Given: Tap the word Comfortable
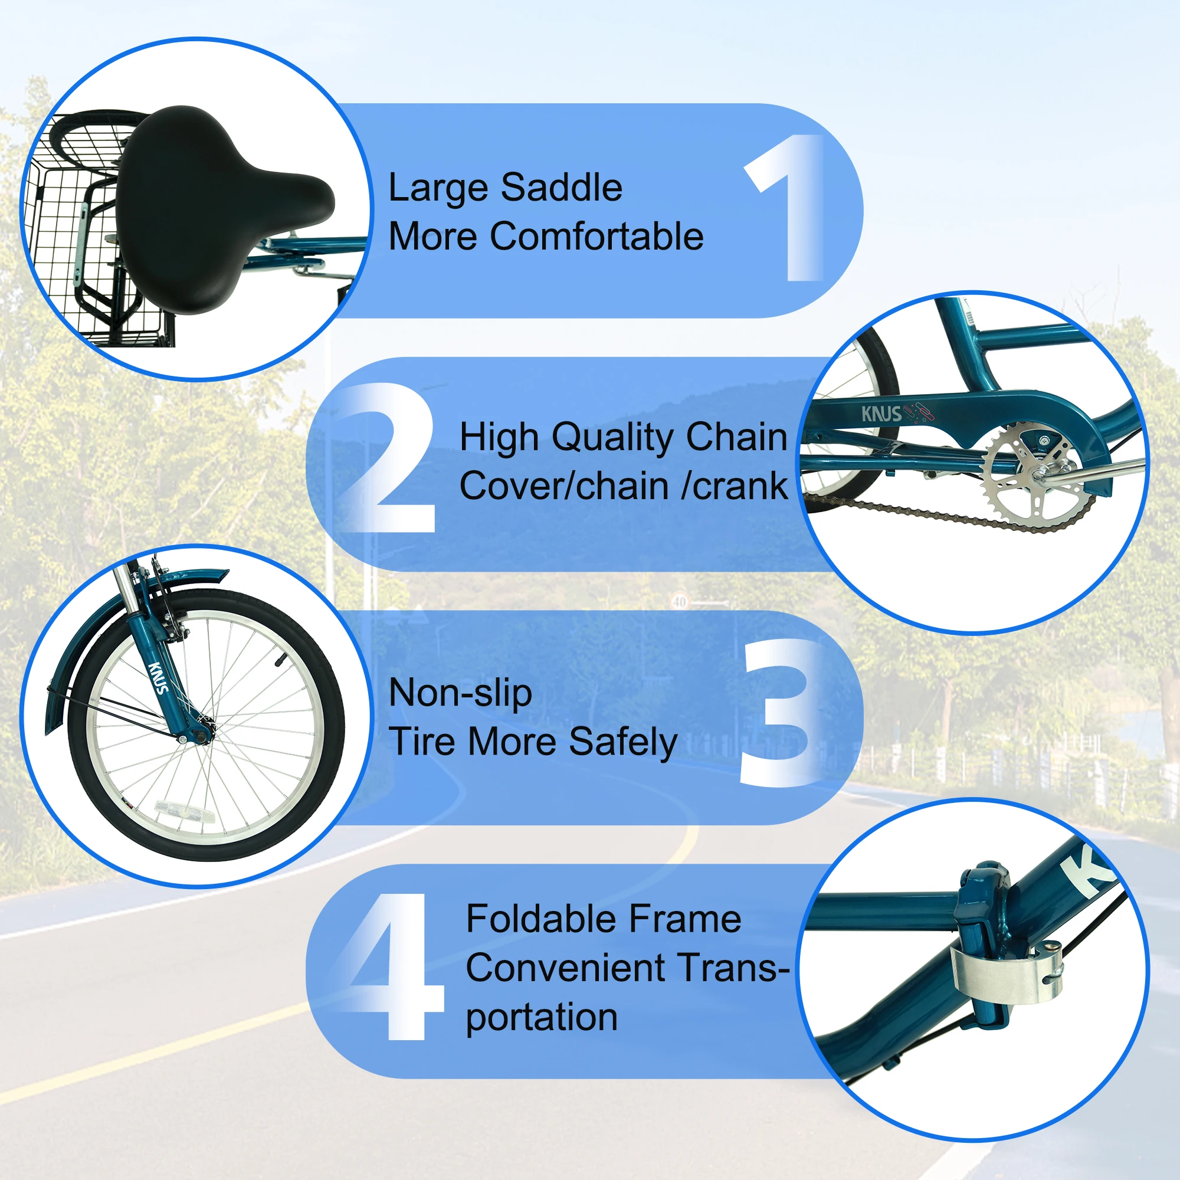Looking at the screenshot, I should [x=596, y=237].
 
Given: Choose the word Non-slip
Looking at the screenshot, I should [x=460, y=693].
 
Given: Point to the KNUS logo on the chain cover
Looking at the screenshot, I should [x=881, y=415].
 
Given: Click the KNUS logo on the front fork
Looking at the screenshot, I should [x=158, y=678].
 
